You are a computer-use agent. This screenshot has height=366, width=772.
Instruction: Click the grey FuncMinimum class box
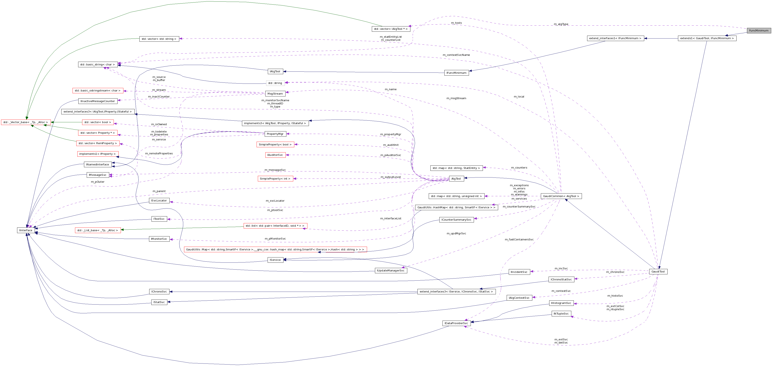pyautogui.click(x=758, y=31)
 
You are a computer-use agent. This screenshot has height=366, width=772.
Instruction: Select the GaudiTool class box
pyautogui.click(x=658, y=272)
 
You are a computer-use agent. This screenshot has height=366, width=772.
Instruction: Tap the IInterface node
pyautogui.click(x=26, y=230)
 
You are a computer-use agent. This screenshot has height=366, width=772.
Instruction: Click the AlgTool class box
pyautogui.click(x=456, y=179)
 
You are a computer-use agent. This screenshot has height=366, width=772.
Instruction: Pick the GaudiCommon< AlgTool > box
pyautogui.click(x=561, y=196)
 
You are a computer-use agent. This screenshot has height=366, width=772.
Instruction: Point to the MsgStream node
pyautogui.click(x=275, y=94)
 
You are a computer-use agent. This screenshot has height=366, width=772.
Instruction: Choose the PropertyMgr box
pyautogui.click(x=275, y=134)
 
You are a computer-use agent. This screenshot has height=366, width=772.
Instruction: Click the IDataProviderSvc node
pyautogui.click(x=456, y=323)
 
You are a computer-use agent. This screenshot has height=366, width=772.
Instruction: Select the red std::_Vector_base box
pyautogui.click(x=25, y=122)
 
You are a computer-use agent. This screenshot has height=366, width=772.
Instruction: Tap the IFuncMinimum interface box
pyautogui.click(x=456, y=73)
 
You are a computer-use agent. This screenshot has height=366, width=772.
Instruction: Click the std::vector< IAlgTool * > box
pyautogui.click(x=391, y=29)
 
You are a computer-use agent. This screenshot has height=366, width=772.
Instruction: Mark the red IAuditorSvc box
pyautogui.click(x=275, y=155)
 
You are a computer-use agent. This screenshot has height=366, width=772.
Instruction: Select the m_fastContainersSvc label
pyautogui.click(x=519, y=240)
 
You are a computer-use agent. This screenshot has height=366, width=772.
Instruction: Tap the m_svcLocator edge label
pyautogui.click(x=275, y=201)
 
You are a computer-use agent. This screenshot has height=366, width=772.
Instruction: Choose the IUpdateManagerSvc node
pyautogui.click(x=391, y=270)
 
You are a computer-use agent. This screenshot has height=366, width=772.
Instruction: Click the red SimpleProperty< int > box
pyautogui.click(x=275, y=179)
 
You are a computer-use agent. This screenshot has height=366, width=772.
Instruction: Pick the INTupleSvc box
pyautogui.click(x=561, y=314)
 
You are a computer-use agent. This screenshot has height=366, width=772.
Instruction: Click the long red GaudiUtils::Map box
pyautogui.click(x=275, y=250)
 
